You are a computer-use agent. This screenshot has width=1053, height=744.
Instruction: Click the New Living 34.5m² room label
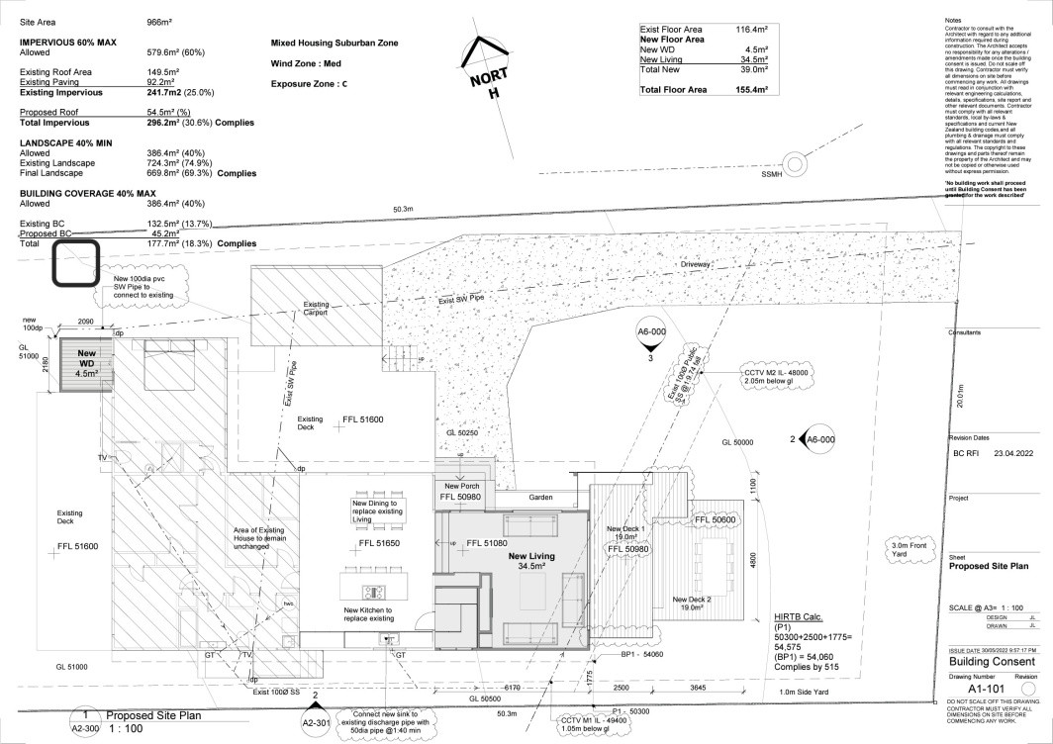pos(531,562)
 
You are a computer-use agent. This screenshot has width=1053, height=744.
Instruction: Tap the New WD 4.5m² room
pos(86,363)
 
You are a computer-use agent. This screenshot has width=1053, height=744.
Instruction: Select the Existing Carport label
pos(316,309)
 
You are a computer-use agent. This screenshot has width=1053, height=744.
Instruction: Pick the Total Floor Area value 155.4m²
pos(748,90)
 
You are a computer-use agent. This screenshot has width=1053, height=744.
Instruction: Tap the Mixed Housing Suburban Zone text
pos(334,45)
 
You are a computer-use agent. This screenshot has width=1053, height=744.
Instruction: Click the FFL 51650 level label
pos(379,543)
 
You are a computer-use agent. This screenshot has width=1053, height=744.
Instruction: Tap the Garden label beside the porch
pos(539,497)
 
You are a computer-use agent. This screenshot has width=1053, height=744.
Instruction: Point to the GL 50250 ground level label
pos(461,433)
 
